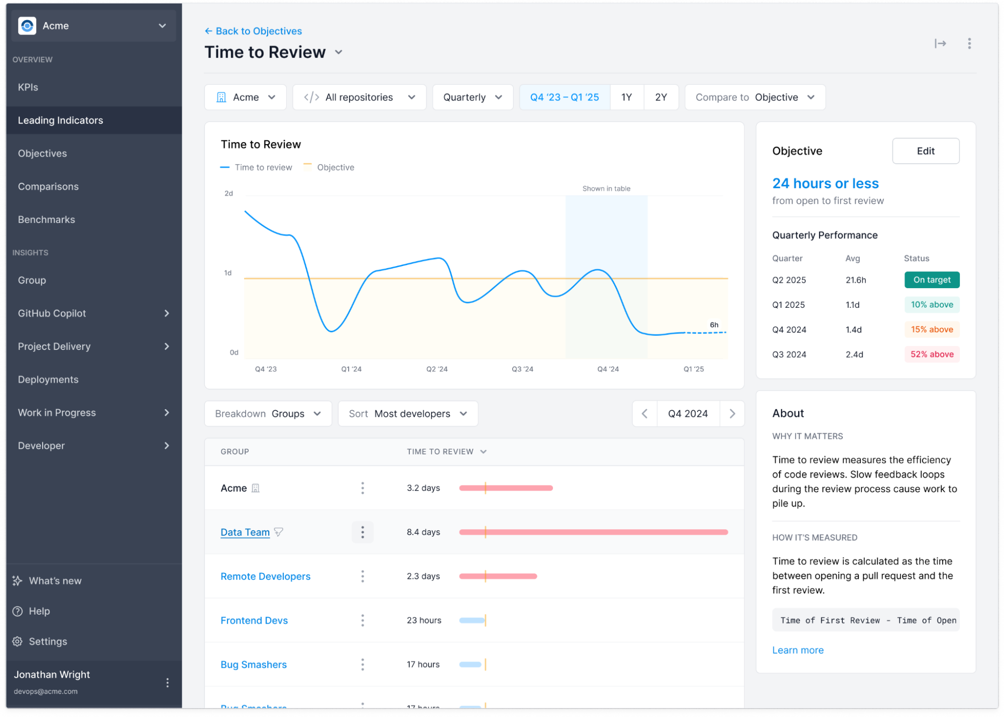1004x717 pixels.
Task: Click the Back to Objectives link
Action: pyautogui.click(x=253, y=31)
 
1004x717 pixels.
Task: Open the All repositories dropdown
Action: pyautogui.click(x=359, y=97)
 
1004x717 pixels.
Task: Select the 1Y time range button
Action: pyautogui.click(x=626, y=97)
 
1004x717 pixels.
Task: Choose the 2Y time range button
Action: pyautogui.click(x=660, y=97)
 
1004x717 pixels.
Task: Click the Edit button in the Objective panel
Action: pyautogui.click(x=925, y=151)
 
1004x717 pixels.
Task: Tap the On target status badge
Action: pyautogui.click(x=932, y=280)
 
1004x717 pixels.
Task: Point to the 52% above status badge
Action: pyautogui.click(x=932, y=354)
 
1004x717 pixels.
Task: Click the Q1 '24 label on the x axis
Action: pyautogui.click(x=351, y=369)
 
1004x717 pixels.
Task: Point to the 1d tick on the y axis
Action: pyautogui.click(x=228, y=273)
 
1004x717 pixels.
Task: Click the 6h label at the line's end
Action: pyautogui.click(x=714, y=325)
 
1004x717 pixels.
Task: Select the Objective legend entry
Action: pyautogui.click(x=335, y=168)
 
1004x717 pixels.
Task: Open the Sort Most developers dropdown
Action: pyautogui.click(x=408, y=414)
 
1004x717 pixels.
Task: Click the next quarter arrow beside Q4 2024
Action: pyautogui.click(x=732, y=414)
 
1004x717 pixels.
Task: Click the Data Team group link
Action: pyautogui.click(x=245, y=532)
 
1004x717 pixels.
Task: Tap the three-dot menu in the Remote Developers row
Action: pyautogui.click(x=363, y=576)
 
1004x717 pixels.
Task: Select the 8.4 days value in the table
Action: pyautogui.click(x=423, y=532)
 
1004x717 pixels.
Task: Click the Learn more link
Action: pyautogui.click(x=798, y=650)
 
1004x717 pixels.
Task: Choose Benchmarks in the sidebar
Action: pyautogui.click(x=47, y=220)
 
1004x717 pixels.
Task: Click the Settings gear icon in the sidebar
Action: pyautogui.click(x=18, y=642)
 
